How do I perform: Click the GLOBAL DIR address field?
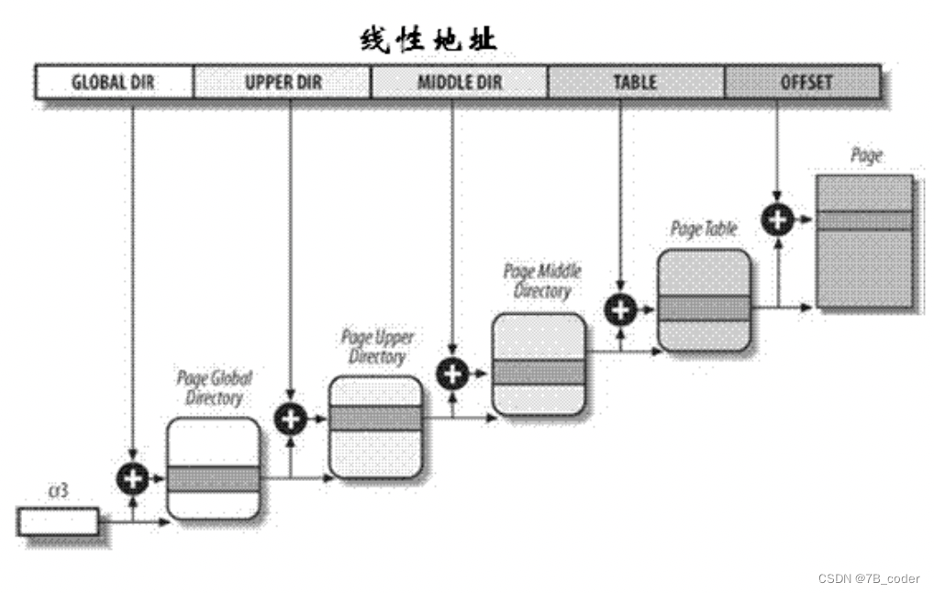pos(114,82)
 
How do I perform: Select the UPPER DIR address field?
pos(283,82)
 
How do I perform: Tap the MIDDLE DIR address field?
pos(460,82)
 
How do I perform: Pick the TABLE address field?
pos(635,82)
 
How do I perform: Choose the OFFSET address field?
pos(805,82)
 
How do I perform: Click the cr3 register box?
pos(58,521)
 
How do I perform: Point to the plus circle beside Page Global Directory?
pos(133,477)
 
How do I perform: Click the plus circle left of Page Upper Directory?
pos(290,419)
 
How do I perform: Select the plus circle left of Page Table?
pos(620,309)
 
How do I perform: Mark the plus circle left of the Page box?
pos(778,218)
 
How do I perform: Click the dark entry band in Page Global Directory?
pos(213,478)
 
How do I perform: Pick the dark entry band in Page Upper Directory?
pos(375,419)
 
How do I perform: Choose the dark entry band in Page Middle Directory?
pos(539,372)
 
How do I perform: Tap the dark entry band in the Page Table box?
pos(704,308)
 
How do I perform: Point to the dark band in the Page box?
pos(864,220)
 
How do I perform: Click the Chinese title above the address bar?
pos(428,39)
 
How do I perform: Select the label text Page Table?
pos(704,229)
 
